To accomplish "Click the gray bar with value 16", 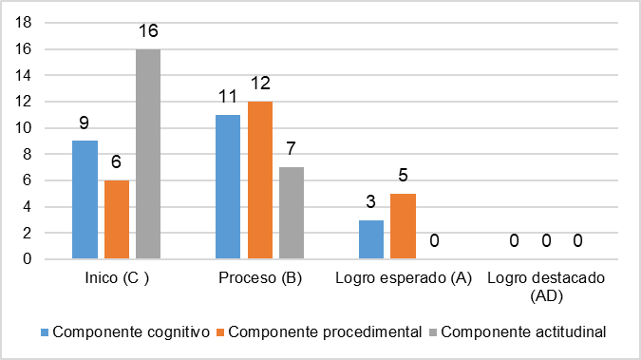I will pos(148,153).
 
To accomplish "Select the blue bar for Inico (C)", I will pos(85,199).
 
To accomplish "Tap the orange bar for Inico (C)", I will pos(117,218).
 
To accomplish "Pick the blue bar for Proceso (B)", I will pos(228,186).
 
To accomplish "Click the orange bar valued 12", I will pos(259,180).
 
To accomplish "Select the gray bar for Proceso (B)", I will pos(291,212).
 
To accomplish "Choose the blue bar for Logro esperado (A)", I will pos(371,238).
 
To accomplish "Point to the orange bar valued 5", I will pos(403,225).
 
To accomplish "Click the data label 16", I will pos(148,31).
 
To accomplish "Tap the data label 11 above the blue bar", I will pos(228,97).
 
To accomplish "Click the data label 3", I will pos(371,202).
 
